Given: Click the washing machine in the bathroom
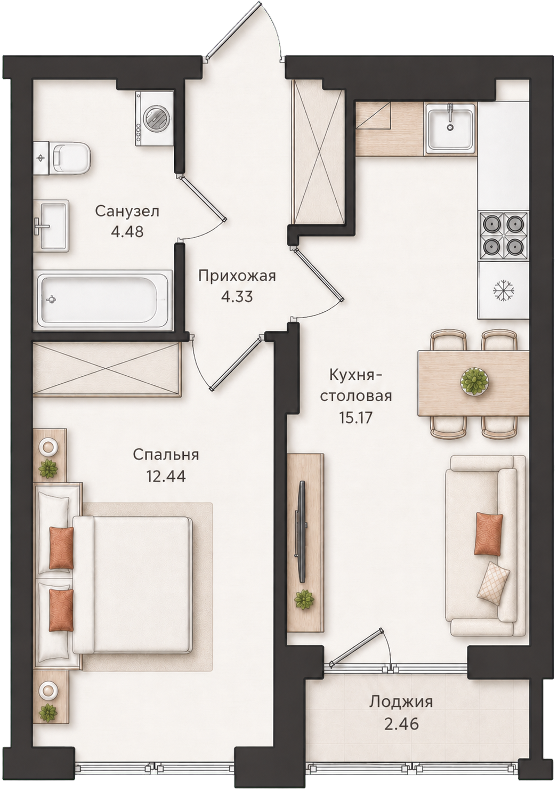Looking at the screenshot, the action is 155,118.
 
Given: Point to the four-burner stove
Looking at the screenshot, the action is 504,237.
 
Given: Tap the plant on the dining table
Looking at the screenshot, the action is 475,382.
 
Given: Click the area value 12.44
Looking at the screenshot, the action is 166,476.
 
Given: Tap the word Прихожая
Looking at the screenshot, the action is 237,277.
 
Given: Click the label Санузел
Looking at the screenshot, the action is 127,212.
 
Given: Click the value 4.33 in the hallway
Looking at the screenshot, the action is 237,297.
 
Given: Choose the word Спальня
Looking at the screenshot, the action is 166,455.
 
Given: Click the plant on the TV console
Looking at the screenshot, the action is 304,599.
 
